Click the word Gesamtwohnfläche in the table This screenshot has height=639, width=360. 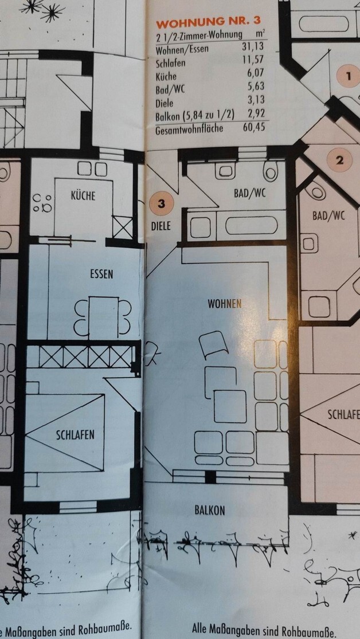coord(189,128)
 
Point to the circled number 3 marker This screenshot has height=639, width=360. coord(162,203)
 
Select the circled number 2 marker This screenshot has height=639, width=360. coord(339,160)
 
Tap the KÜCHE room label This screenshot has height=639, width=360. coord(83,195)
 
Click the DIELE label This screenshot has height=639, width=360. coord(161,226)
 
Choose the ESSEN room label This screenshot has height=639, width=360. coord(101,274)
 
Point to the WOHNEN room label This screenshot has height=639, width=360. coord(224,304)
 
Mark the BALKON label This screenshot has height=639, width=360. coord(209,509)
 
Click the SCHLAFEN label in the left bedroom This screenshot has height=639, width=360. coord(75,434)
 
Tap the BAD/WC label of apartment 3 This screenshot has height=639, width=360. coord(251,193)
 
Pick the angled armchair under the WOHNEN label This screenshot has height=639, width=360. coord(213,346)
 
